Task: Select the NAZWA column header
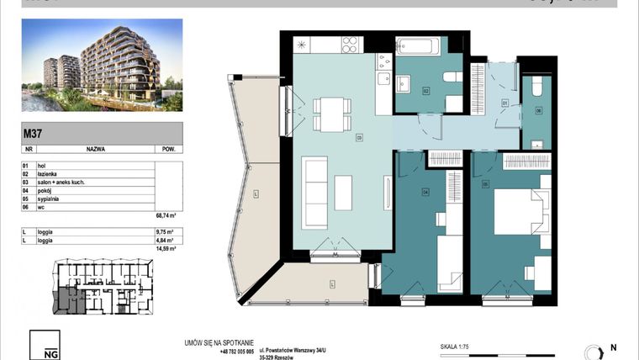[x=95, y=148]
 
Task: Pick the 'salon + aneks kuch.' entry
[x=60, y=183]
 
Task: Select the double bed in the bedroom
[x=520, y=211]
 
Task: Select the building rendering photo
[x=101, y=65]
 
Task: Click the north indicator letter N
[x=612, y=347]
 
